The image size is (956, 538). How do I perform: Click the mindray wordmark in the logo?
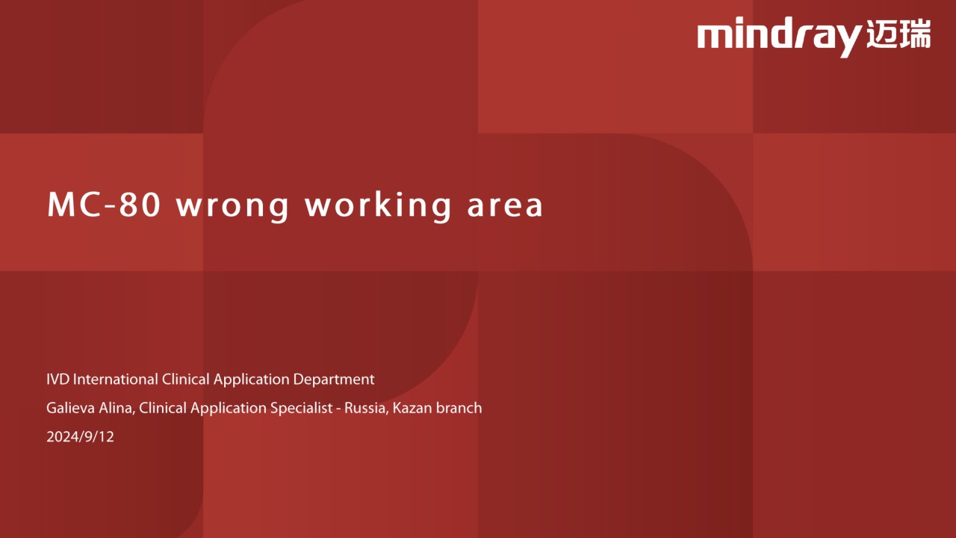click(779, 37)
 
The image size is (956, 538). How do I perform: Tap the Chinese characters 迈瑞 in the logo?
click(898, 34)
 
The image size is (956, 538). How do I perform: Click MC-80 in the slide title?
click(104, 205)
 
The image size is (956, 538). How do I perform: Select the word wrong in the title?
click(233, 208)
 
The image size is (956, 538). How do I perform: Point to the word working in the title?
click(378, 207)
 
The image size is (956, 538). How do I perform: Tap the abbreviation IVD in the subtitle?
click(58, 379)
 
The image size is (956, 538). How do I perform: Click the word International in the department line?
click(115, 379)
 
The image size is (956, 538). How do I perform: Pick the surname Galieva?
click(70, 408)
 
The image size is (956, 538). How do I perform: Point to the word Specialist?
click(301, 409)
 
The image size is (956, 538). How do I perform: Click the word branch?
click(459, 408)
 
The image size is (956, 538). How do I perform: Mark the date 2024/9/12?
click(80, 437)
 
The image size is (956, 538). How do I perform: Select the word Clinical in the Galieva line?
click(163, 408)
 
